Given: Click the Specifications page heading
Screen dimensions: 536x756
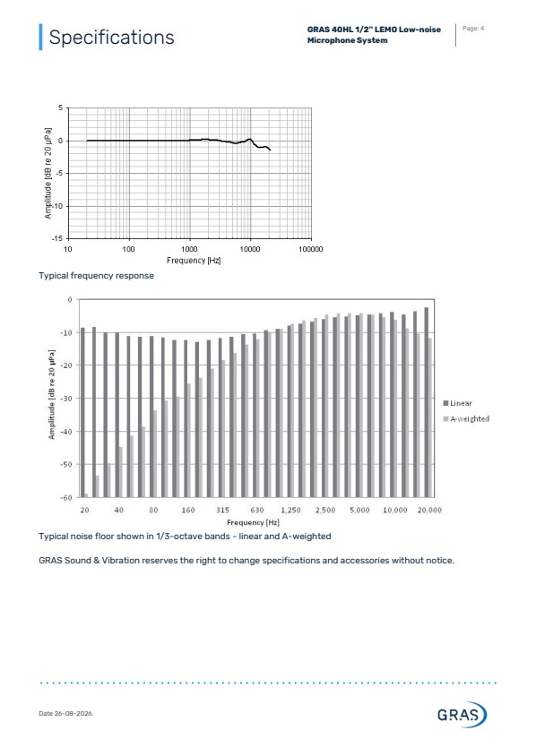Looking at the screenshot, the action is (111, 37).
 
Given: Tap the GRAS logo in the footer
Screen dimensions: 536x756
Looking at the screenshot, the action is (462, 714).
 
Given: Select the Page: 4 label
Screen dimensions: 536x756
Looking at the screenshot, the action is (472, 29).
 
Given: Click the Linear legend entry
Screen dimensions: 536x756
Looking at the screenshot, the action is (457, 403).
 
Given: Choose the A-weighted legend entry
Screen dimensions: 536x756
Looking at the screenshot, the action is (466, 419).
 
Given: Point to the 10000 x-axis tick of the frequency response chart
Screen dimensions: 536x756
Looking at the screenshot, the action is (250, 249).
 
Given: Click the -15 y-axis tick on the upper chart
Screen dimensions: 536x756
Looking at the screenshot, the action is (57, 238).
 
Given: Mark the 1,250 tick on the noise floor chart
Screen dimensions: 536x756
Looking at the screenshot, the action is (291, 510).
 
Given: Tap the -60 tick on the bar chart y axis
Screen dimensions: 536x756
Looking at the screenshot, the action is (66, 497).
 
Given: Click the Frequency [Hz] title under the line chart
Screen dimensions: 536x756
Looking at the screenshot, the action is (194, 261).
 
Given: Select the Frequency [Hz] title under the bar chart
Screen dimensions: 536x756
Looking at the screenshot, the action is (253, 522).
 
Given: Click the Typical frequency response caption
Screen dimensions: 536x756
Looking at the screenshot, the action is (97, 276).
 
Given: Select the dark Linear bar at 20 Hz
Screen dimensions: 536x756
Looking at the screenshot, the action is (82, 412).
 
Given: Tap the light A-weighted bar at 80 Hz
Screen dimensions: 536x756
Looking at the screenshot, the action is (155, 454).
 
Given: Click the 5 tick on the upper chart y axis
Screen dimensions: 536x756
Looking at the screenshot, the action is (61, 108).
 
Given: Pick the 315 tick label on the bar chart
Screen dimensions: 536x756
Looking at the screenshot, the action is (222, 510).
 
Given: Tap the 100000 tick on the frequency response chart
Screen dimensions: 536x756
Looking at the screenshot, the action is (311, 249).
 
